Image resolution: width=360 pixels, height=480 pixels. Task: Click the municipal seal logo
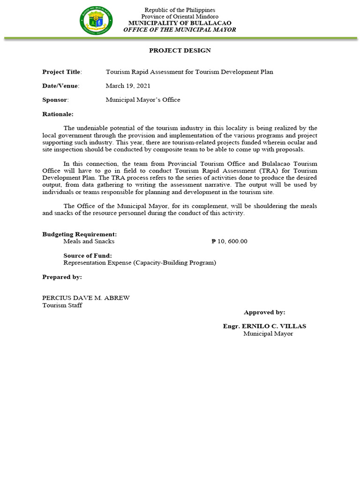(96, 20)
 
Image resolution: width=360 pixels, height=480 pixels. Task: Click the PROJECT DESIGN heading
(180, 50)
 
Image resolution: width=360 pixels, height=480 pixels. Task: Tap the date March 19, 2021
(128, 86)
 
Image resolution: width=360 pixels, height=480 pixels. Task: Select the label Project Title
(62, 72)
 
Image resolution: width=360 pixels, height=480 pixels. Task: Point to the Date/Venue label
(61, 86)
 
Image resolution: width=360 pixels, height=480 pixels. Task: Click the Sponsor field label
(55, 100)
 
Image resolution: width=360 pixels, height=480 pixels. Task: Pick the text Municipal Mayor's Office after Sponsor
(143, 100)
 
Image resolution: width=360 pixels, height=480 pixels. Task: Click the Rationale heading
(58, 114)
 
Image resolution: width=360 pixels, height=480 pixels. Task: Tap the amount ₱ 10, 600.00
(229, 241)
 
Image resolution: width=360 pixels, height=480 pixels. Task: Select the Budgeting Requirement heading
(80, 234)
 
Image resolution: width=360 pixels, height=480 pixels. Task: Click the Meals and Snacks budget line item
(89, 241)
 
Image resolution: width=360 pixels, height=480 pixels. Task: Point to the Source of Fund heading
(88, 255)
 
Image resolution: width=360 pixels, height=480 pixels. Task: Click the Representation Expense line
(140, 262)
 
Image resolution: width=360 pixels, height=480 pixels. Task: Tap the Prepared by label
(62, 277)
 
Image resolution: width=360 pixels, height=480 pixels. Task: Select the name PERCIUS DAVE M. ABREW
(86, 298)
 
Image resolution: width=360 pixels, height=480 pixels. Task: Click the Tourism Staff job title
(62, 305)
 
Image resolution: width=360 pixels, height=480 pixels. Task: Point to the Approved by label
(264, 312)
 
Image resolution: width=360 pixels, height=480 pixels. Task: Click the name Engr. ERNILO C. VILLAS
(264, 326)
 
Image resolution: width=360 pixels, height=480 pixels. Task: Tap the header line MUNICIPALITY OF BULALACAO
(180, 23)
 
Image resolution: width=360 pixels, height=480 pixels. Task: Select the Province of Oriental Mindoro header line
(180, 16)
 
